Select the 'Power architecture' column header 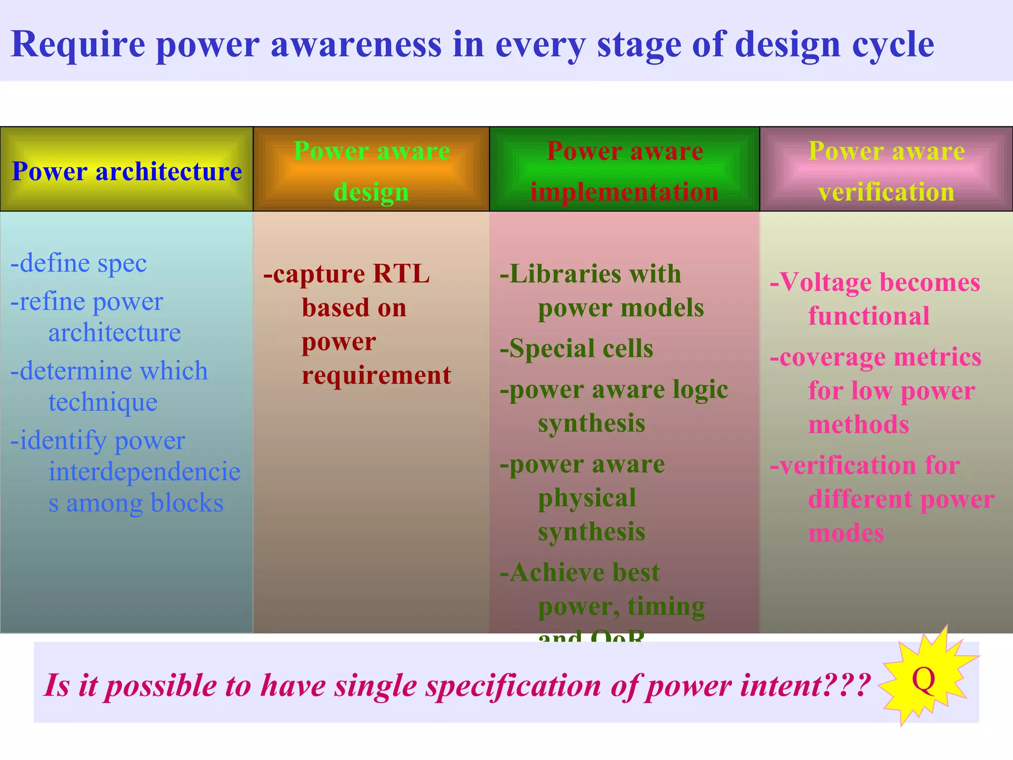(127, 171)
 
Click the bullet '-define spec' (79, 263)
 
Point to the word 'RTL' (401, 274)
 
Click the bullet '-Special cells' (577, 349)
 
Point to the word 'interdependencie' (144, 472)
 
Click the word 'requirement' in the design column (376, 376)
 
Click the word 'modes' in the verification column (846, 533)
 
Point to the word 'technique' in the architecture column (103, 402)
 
